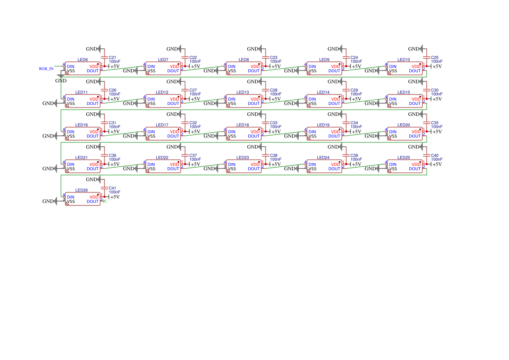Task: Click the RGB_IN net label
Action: pos(46,69)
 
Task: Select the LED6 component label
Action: pos(82,60)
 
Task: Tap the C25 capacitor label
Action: pos(435,57)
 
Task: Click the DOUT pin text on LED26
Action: pos(92,202)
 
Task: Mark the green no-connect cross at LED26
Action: pos(104,201)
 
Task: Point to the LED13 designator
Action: pos(243,92)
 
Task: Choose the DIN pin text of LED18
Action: pos(232,132)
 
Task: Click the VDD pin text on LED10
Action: pos(416,67)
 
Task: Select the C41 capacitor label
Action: pos(112,188)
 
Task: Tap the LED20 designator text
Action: pos(404,125)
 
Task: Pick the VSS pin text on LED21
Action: pos(71,169)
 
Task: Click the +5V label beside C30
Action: pos(437,99)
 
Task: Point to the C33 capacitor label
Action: pos(273,123)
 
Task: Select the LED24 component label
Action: pos(323,158)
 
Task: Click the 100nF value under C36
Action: pos(115,159)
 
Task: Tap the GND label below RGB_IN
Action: pos(61,81)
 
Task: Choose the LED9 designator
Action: pos(324,60)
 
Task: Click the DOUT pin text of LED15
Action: pos(415,104)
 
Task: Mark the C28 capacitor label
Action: pos(273,90)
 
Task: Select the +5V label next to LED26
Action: pos(115,197)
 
